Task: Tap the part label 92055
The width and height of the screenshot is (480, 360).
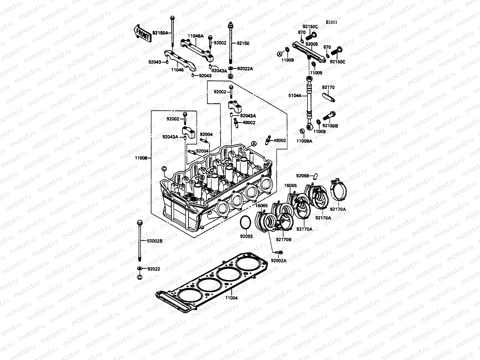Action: [x=246, y=236]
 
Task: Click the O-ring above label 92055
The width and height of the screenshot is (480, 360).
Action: [x=245, y=223]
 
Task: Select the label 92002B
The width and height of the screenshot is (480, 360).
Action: [x=154, y=241]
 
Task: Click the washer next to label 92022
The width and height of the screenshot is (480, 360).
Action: [x=140, y=268]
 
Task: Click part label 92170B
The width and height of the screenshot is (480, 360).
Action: [x=283, y=239]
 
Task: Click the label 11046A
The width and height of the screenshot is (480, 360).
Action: [x=196, y=36]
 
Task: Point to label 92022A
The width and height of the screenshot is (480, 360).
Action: [x=245, y=69]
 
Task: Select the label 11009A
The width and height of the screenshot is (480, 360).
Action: [x=304, y=141]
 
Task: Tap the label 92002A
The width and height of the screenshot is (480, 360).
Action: [x=278, y=261]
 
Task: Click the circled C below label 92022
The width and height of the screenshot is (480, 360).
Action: [x=139, y=277]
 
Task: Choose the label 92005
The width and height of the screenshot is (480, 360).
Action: [x=311, y=44]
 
